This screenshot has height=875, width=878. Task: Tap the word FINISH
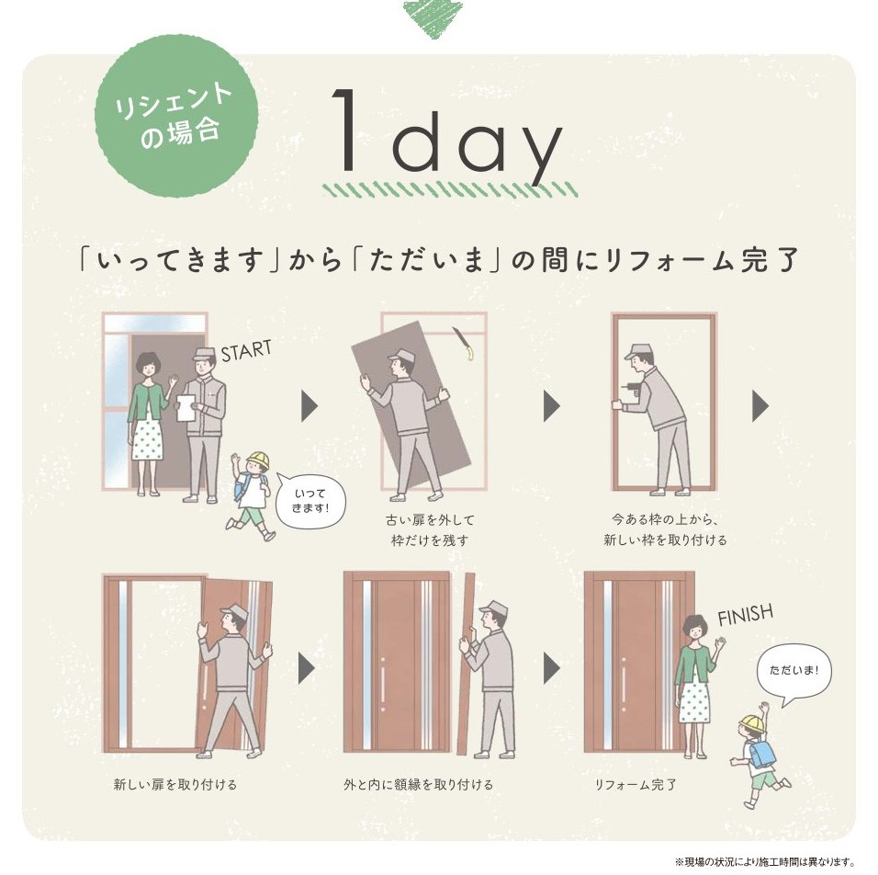tap(744, 613)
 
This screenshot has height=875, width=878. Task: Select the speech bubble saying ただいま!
tap(793, 671)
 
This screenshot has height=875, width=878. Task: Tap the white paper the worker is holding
tap(186, 407)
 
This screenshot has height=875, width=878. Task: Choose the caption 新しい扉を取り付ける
tap(175, 784)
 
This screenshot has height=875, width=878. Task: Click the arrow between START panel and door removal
tap(310, 405)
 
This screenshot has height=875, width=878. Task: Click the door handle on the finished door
tap(623, 684)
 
